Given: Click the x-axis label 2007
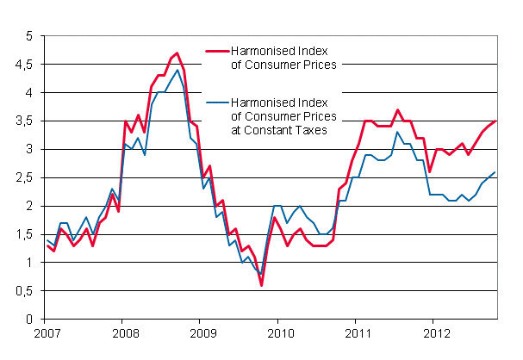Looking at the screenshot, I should (47, 332).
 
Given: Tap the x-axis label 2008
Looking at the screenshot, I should (125, 332).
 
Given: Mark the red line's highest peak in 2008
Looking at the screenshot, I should (177, 53).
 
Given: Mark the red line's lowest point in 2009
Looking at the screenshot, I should (260, 285).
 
